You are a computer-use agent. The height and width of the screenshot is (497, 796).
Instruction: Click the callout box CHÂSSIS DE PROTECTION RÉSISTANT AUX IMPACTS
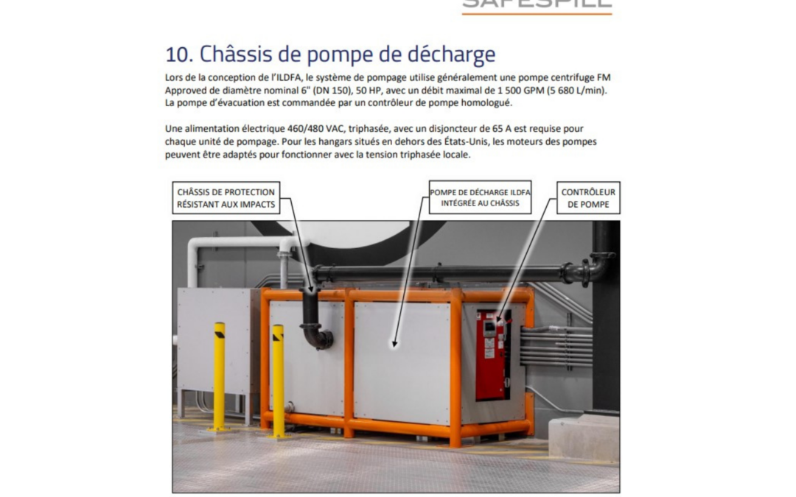click(226, 198)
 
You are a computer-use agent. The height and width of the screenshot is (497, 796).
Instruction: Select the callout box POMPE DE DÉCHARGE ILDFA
click(481, 198)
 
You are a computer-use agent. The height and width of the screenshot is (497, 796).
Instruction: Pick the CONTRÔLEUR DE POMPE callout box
click(588, 198)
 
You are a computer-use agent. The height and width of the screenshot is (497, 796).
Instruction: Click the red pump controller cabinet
click(492, 353)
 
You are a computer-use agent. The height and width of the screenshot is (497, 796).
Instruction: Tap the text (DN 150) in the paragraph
click(308, 90)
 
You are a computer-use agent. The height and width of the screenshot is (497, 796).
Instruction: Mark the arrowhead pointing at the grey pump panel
click(394, 342)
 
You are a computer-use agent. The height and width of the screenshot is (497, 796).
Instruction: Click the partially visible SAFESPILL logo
click(537, 6)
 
